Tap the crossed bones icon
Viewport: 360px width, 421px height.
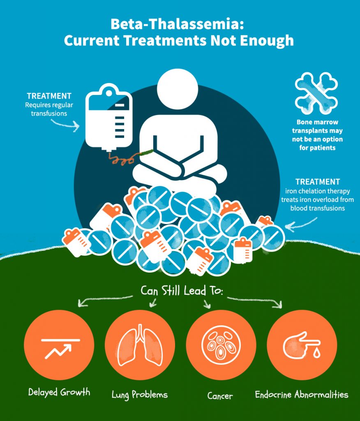(x=316, y=93)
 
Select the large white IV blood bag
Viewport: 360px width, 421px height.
(x=109, y=118)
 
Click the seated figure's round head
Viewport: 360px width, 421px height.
(x=178, y=89)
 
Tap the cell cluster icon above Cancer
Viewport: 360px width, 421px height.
(x=221, y=345)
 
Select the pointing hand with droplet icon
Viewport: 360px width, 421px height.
(x=302, y=345)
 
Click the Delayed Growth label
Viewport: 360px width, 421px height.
(x=59, y=392)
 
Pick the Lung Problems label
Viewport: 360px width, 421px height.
(x=140, y=395)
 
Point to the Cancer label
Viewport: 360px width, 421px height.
(x=220, y=396)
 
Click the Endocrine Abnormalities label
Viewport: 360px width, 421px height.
(x=302, y=394)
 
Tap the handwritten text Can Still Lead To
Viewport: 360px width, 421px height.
(x=182, y=291)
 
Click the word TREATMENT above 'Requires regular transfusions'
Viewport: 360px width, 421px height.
(x=49, y=96)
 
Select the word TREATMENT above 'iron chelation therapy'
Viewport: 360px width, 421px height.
(x=318, y=182)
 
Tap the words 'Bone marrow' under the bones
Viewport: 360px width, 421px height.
(x=317, y=122)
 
